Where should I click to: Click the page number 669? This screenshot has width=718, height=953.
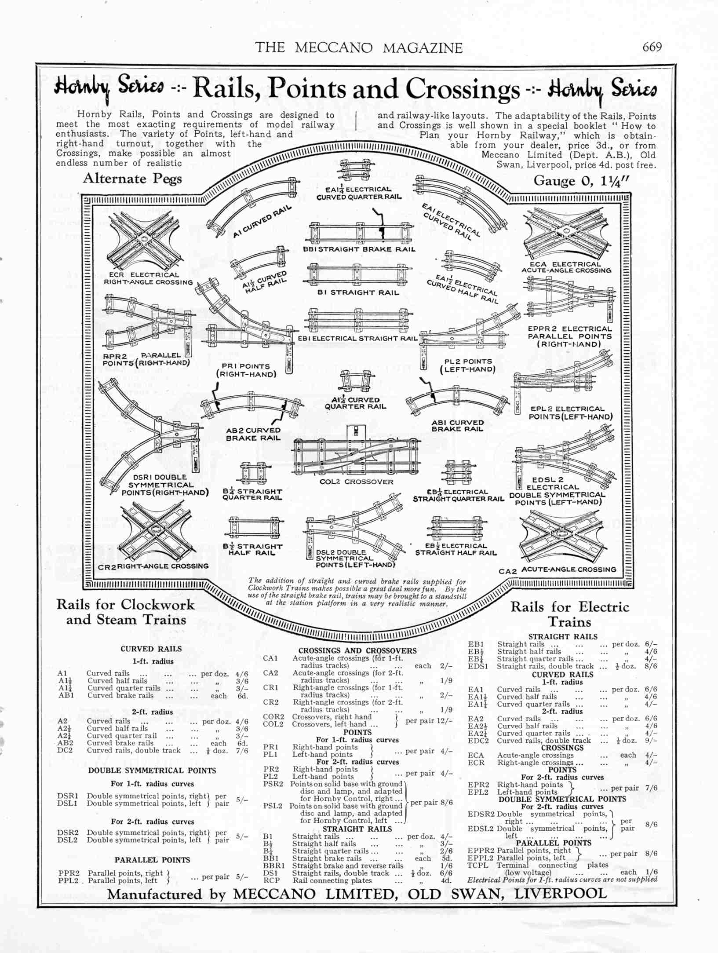coord(652,47)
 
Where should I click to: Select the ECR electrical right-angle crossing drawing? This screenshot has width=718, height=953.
coord(147,239)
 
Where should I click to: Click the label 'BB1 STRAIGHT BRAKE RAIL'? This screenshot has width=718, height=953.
coord(359,249)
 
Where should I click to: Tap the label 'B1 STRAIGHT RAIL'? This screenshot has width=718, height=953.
coord(359,292)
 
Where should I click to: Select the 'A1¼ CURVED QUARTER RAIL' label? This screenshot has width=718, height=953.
coord(355,403)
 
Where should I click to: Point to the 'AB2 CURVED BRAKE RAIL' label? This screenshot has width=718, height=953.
coord(253,434)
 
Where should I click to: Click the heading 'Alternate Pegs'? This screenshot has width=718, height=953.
coord(132,179)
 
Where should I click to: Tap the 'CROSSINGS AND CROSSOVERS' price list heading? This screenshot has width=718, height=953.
coord(357,651)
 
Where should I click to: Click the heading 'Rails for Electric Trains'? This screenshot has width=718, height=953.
coord(570,614)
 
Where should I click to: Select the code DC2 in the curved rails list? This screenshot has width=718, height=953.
coord(65,750)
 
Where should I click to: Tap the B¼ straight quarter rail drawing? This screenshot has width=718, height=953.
coord(253,473)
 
